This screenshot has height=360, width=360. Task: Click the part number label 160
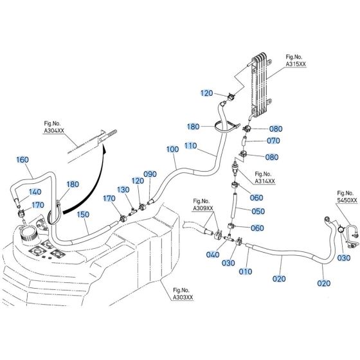click(22, 159)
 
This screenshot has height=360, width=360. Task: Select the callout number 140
click(35, 192)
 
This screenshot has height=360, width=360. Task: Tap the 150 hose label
click(84, 213)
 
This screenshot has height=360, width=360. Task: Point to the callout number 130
click(123, 190)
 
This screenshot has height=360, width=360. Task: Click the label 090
click(150, 174)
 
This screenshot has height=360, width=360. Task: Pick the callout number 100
click(172, 149)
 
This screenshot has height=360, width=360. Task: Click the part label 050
click(257, 212)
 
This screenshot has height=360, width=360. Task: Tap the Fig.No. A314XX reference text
click(265, 178)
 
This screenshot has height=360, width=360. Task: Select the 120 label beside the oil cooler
click(206, 93)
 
